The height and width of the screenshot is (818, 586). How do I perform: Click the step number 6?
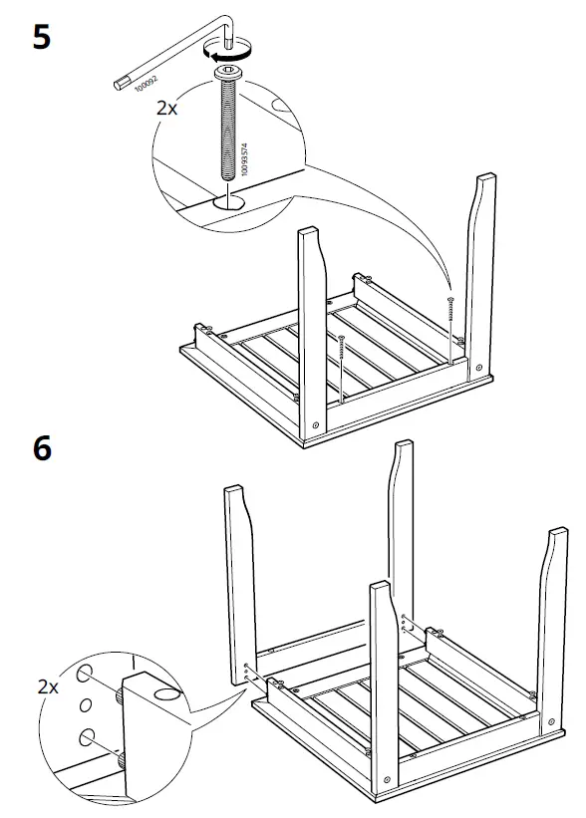[41, 449]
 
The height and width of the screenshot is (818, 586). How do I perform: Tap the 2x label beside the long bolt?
[167, 107]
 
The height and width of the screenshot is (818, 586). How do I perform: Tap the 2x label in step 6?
[47, 685]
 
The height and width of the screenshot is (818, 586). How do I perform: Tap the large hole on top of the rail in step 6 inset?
[166, 690]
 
